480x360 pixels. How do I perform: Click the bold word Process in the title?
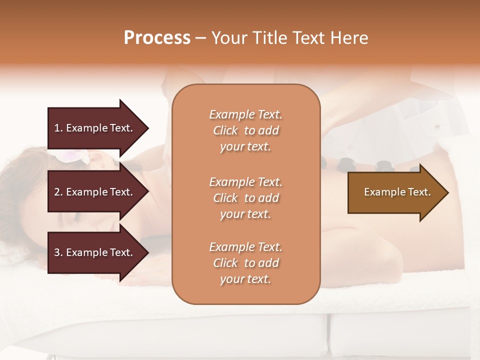[157, 37]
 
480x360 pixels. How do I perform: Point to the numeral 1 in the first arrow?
[57, 128]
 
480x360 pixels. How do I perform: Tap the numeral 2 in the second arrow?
[57, 192]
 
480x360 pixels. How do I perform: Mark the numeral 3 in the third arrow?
[57, 252]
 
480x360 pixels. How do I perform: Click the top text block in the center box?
[245, 130]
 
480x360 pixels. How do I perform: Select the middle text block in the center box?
[245, 198]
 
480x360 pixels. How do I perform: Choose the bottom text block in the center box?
[245, 263]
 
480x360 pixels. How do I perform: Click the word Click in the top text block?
[225, 130]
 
